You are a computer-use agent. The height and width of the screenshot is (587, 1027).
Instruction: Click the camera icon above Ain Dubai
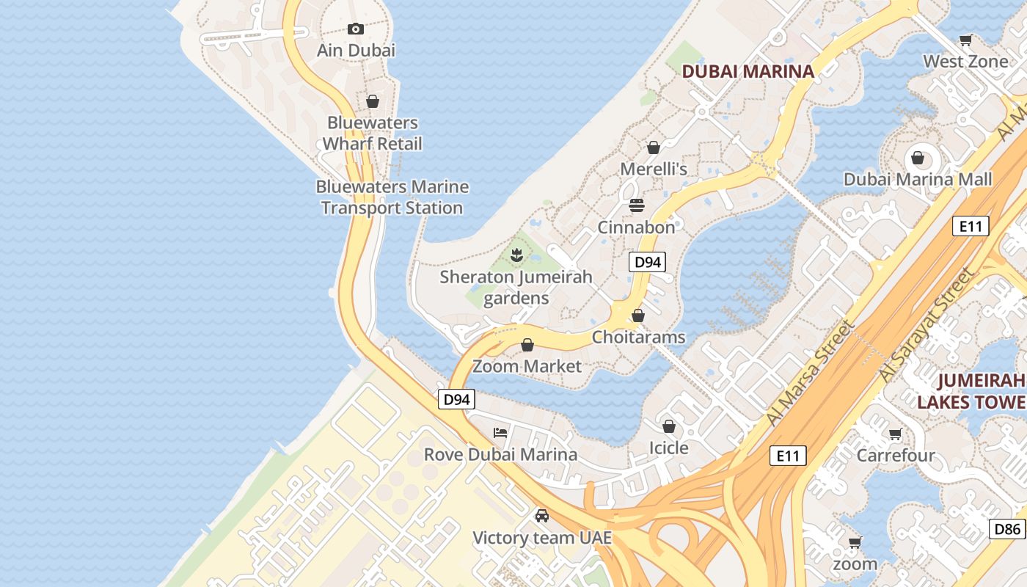tap(356, 29)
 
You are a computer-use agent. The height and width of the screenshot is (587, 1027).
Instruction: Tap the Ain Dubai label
tap(356, 51)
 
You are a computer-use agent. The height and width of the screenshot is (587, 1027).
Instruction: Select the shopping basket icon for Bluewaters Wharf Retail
tap(373, 101)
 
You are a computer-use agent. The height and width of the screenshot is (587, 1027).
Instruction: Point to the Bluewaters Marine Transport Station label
tap(392, 197)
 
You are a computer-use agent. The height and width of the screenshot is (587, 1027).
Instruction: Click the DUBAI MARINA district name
tap(748, 71)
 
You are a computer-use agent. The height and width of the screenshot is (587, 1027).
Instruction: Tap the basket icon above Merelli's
tap(653, 147)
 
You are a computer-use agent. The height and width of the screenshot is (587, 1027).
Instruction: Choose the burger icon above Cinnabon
tap(636, 205)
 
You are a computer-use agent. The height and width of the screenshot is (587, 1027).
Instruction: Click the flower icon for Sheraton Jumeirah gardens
tap(516, 255)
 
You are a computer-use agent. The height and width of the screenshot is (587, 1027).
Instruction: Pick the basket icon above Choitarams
tap(638, 316)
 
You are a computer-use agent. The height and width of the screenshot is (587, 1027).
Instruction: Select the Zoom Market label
tap(527, 366)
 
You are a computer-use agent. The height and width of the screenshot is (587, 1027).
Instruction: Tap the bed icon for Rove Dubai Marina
tap(500, 432)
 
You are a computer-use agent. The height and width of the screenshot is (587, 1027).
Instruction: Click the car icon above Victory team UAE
tap(542, 516)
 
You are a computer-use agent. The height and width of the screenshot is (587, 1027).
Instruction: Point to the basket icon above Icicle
tap(669, 426)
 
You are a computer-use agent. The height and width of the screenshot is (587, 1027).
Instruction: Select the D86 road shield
tap(1007, 529)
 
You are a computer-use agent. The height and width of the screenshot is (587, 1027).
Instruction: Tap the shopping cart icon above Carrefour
tap(895, 434)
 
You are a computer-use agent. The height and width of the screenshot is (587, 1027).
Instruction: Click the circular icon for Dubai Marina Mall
tap(917, 157)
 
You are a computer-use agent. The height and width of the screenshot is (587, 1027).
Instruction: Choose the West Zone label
tap(965, 62)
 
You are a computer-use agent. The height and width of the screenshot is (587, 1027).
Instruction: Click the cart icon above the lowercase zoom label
tap(855, 543)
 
